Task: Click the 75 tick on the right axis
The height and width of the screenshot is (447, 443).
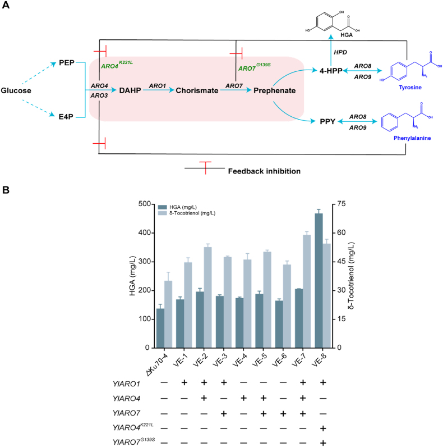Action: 342,204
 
